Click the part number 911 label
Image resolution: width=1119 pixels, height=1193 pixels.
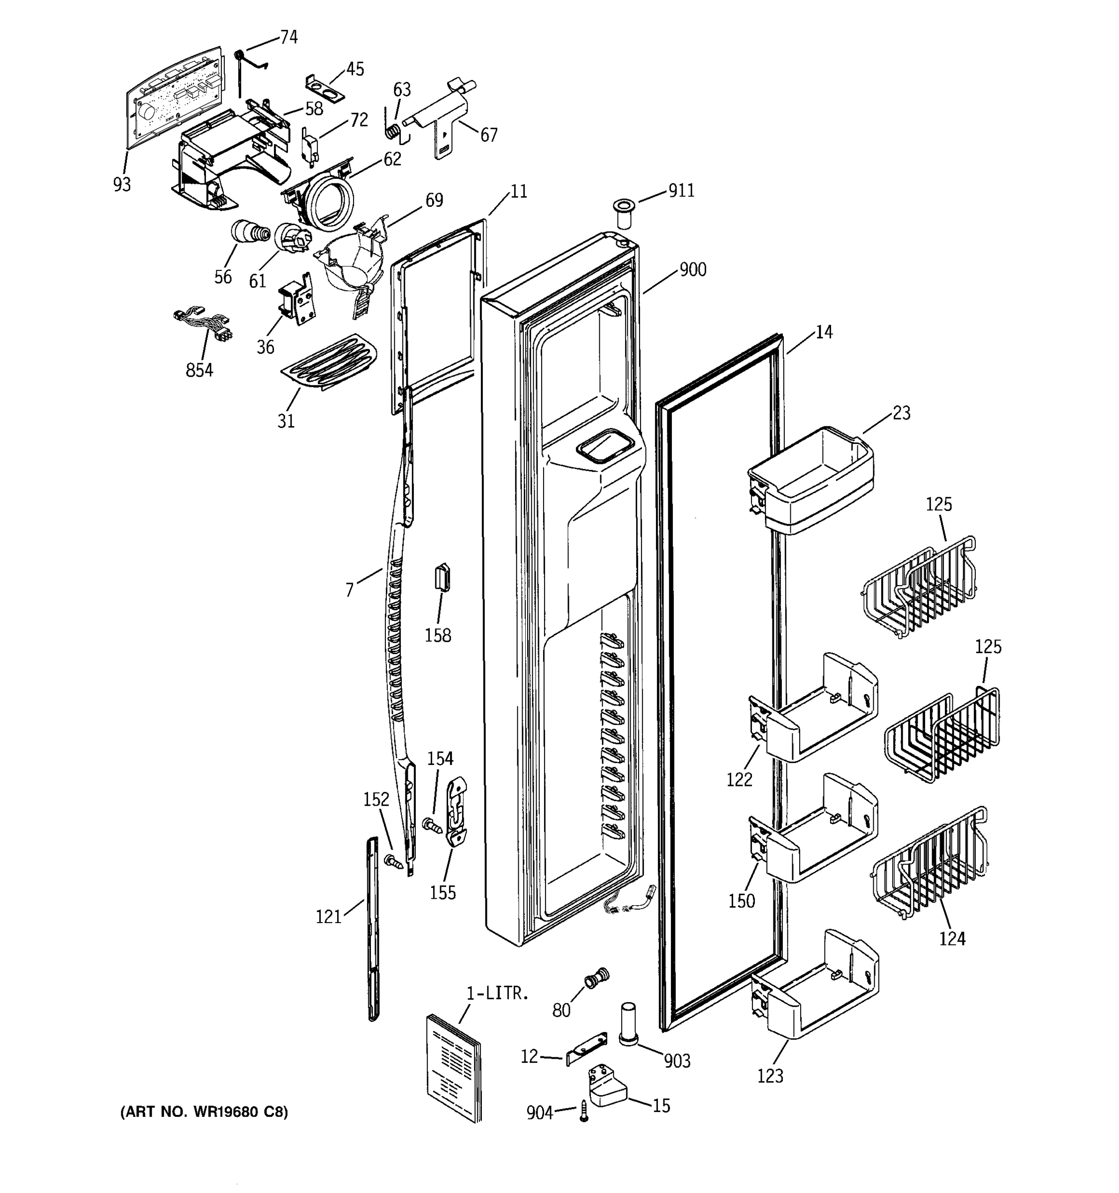pyautogui.click(x=681, y=191)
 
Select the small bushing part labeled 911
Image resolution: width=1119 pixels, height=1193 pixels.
pyautogui.click(x=623, y=215)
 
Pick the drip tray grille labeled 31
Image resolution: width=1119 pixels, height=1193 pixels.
pyautogui.click(x=329, y=362)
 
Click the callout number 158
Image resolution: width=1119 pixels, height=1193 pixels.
pyautogui.click(x=438, y=635)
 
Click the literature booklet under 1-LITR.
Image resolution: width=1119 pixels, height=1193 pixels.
pyautogui.click(x=455, y=1068)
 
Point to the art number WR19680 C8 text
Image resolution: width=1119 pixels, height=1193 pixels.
pyautogui.click(x=204, y=1112)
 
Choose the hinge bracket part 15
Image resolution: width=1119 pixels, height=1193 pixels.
pyautogui.click(x=606, y=1085)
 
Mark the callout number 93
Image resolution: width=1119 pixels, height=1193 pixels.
pyautogui.click(x=122, y=185)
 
